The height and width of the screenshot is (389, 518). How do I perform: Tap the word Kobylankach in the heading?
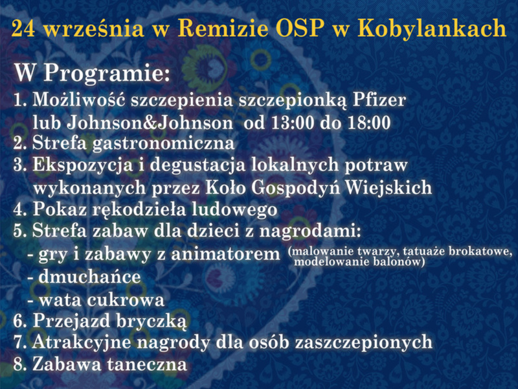tap(432, 28)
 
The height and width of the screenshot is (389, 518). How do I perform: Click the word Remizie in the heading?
tap(223, 28)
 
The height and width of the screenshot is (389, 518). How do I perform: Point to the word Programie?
tap(107, 73)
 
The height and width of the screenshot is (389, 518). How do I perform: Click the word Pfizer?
tap(379, 100)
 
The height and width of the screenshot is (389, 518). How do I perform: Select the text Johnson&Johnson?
tap(150, 123)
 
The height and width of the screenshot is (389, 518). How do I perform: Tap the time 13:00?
tap(292, 123)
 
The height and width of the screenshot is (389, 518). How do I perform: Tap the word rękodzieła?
tap(139, 210)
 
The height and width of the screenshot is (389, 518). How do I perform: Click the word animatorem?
tap(225, 254)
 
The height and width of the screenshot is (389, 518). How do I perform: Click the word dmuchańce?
tap(89, 277)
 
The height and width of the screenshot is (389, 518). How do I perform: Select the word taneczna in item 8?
tap(147, 364)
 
